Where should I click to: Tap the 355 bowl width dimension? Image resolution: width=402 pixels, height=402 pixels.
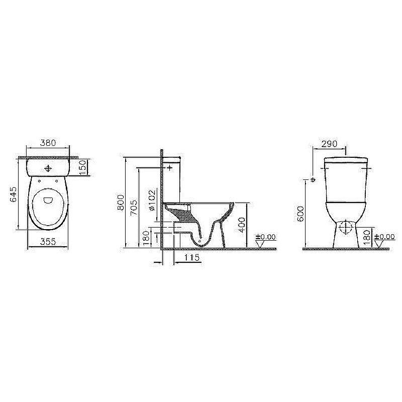[x=47, y=242]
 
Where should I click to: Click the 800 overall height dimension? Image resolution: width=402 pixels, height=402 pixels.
[x=120, y=204]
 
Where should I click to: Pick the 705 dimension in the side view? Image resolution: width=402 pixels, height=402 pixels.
[x=133, y=207]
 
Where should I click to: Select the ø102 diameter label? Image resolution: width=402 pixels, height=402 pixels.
[x=151, y=203]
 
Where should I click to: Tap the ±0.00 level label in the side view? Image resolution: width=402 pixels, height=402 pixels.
[x=266, y=237]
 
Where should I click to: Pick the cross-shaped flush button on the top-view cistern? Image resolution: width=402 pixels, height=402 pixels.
[x=48, y=168]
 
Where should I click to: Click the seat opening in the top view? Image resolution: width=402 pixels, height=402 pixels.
[x=48, y=200]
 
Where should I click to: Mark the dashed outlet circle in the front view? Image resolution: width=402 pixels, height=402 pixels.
[x=345, y=228]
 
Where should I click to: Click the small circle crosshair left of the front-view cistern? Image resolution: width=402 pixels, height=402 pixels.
[x=313, y=179]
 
